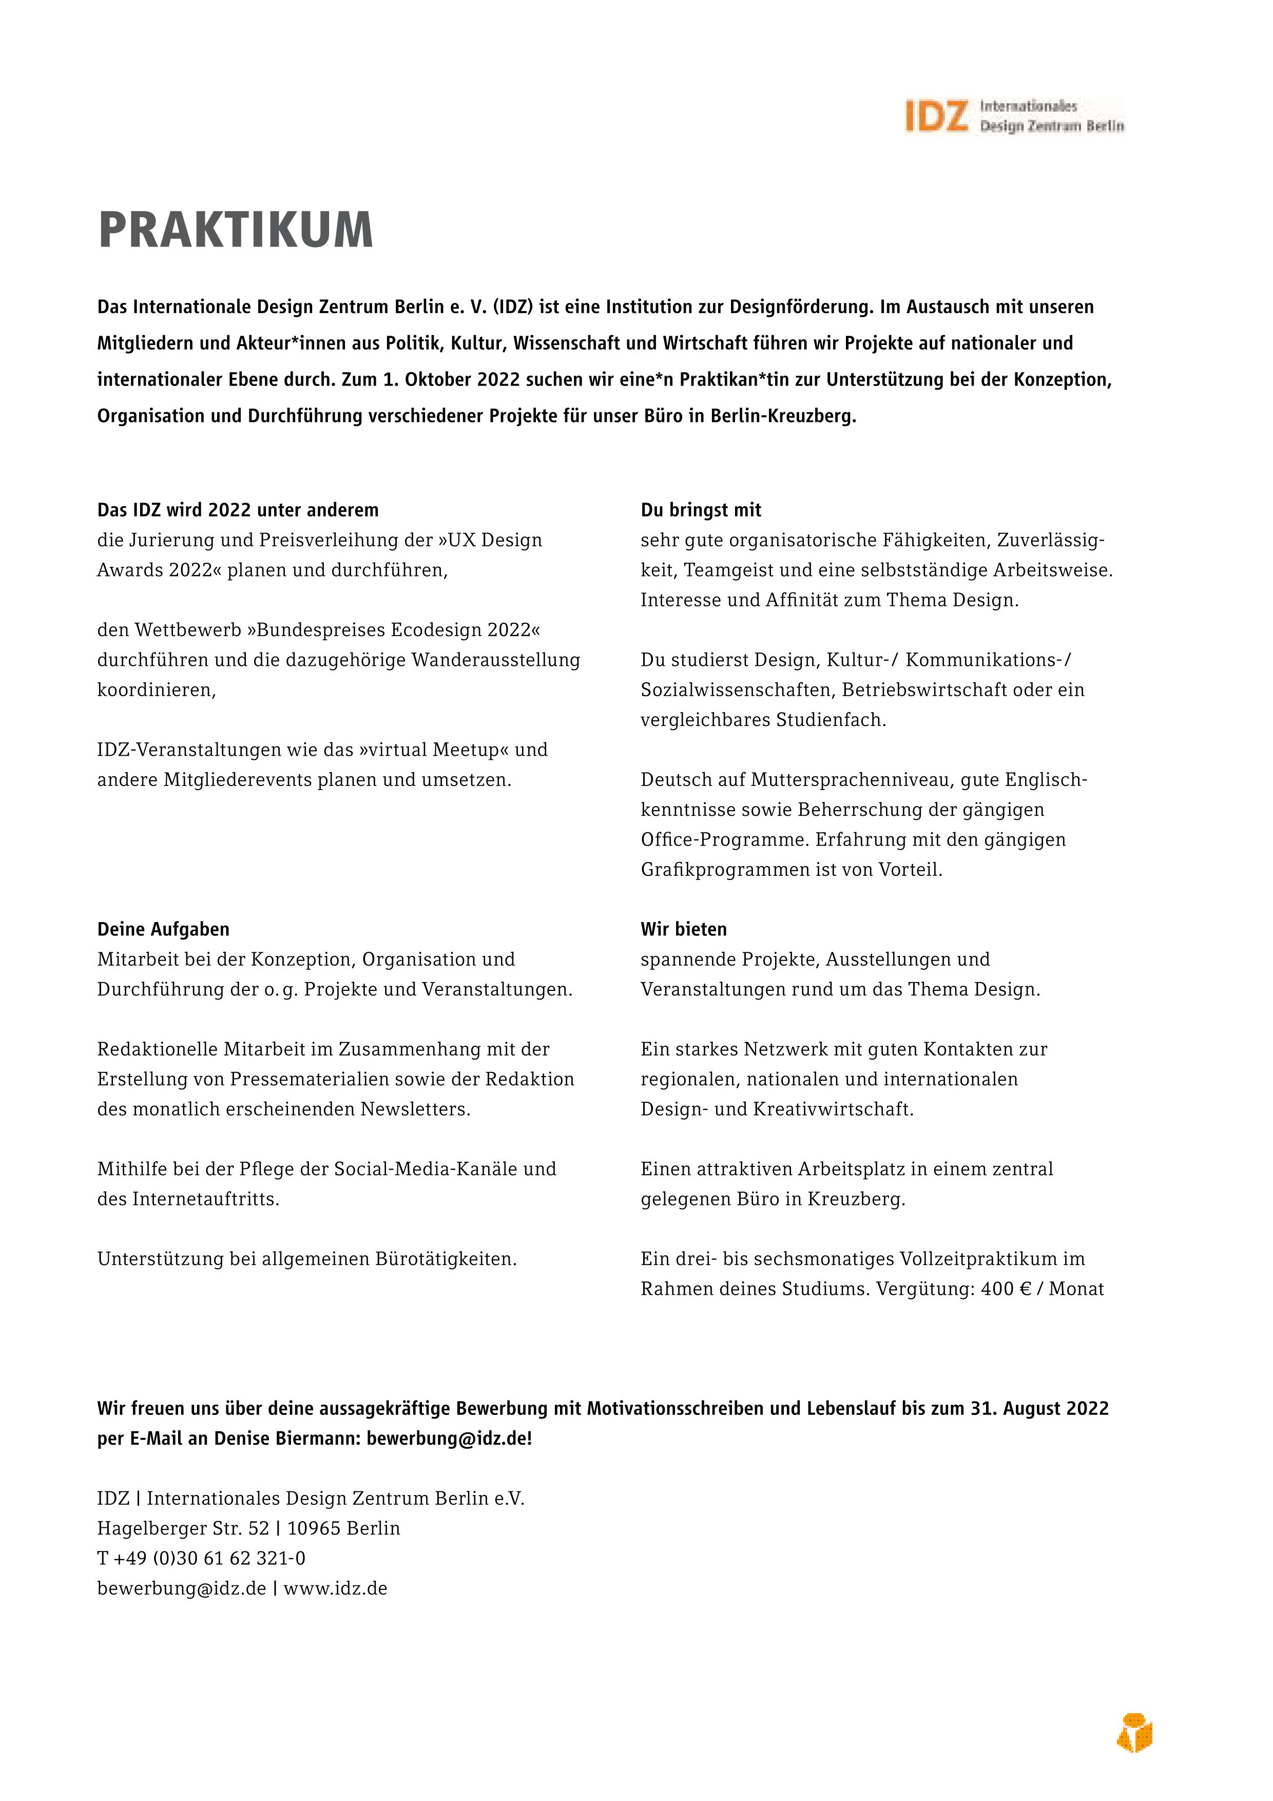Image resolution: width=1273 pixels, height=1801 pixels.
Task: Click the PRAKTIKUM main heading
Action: click(235, 231)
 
